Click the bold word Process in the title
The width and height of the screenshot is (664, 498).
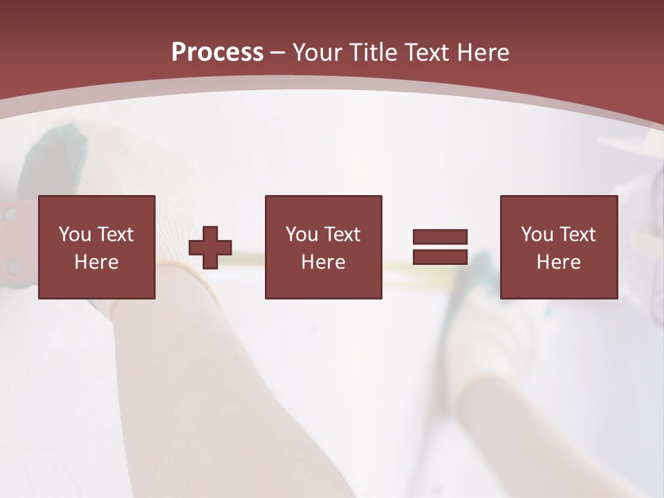click(217, 53)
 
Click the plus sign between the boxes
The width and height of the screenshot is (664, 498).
click(210, 248)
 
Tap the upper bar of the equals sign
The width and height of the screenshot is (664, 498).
click(440, 237)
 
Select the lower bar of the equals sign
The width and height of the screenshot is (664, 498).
click(440, 257)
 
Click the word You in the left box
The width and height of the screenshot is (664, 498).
click(75, 234)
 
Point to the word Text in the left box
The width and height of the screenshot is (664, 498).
click(115, 234)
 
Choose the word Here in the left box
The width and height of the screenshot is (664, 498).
click(96, 262)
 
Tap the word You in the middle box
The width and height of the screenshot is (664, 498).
click(302, 234)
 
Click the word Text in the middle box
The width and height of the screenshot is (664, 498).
click(342, 234)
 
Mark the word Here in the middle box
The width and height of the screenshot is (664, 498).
click(323, 262)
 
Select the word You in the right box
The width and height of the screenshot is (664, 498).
click(537, 234)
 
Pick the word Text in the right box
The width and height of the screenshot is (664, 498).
click(577, 234)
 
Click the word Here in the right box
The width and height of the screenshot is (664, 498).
click(558, 262)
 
